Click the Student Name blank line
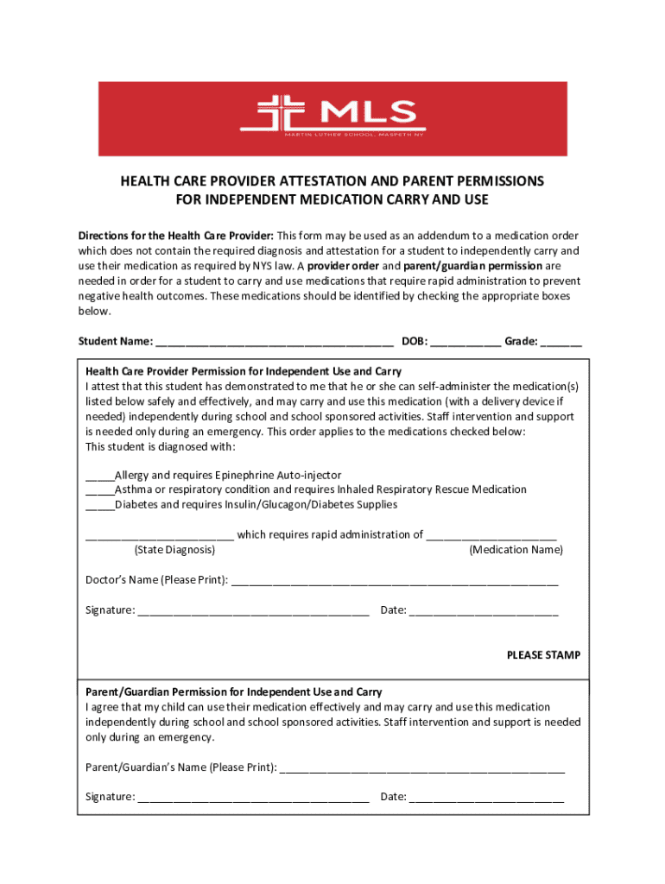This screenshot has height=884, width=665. [x=275, y=343]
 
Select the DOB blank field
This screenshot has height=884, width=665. [x=465, y=343]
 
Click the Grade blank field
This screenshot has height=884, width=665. [x=562, y=343]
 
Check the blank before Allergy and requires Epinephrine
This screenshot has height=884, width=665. [x=99, y=476]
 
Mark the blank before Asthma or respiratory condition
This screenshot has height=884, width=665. [x=99, y=490]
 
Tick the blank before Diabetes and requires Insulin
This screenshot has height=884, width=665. [x=99, y=505]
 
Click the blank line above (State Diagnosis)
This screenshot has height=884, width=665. [x=159, y=536]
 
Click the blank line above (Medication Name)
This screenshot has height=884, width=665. [x=491, y=536]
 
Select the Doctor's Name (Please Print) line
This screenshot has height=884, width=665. [x=395, y=581]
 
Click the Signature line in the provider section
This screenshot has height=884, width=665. [x=253, y=612]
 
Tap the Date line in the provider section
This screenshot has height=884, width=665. [x=484, y=612]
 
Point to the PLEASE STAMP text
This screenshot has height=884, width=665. [x=543, y=655]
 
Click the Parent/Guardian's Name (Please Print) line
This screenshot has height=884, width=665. [x=422, y=768]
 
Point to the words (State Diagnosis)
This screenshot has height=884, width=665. [x=175, y=550]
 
